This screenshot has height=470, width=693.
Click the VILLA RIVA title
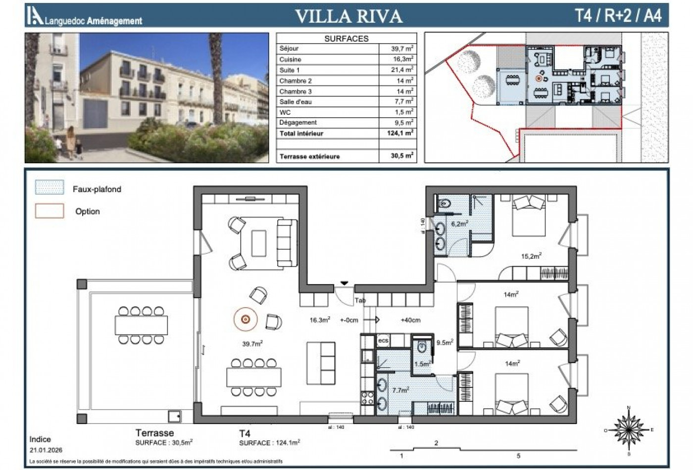pyautogui.click(x=348, y=16)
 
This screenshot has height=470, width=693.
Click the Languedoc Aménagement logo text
pyautogui.click(x=93, y=21)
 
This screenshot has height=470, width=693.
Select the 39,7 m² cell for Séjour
pyautogui.click(x=402, y=48)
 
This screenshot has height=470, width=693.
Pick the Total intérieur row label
pyautogui.click(x=301, y=134)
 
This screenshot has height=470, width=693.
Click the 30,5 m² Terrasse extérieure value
pyautogui.click(x=402, y=156)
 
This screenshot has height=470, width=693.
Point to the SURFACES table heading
pyautogui.click(x=346, y=39)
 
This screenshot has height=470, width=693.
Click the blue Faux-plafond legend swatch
pyautogui.click(x=49, y=188)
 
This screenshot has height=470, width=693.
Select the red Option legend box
pyautogui.click(x=49, y=211)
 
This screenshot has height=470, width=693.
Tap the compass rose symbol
pyautogui.click(x=628, y=429)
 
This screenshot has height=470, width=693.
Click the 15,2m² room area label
pyautogui.click(x=531, y=256)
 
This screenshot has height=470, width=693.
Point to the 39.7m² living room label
pyautogui.click(x=252, y=344)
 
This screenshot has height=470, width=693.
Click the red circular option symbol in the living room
pyautogui.click(x=245, y=320)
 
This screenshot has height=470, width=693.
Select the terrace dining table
pyautogui.click(x=141, y=325)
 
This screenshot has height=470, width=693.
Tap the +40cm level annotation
pyautogui.click(x=410, y=320)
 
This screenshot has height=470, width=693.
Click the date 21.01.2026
pyautogui.click(x=46, y=450)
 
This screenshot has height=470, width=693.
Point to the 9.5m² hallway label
pyautogui.click(x=444, y=342)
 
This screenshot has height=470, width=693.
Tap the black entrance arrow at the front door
pyautogui.click(x=345, y=283)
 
